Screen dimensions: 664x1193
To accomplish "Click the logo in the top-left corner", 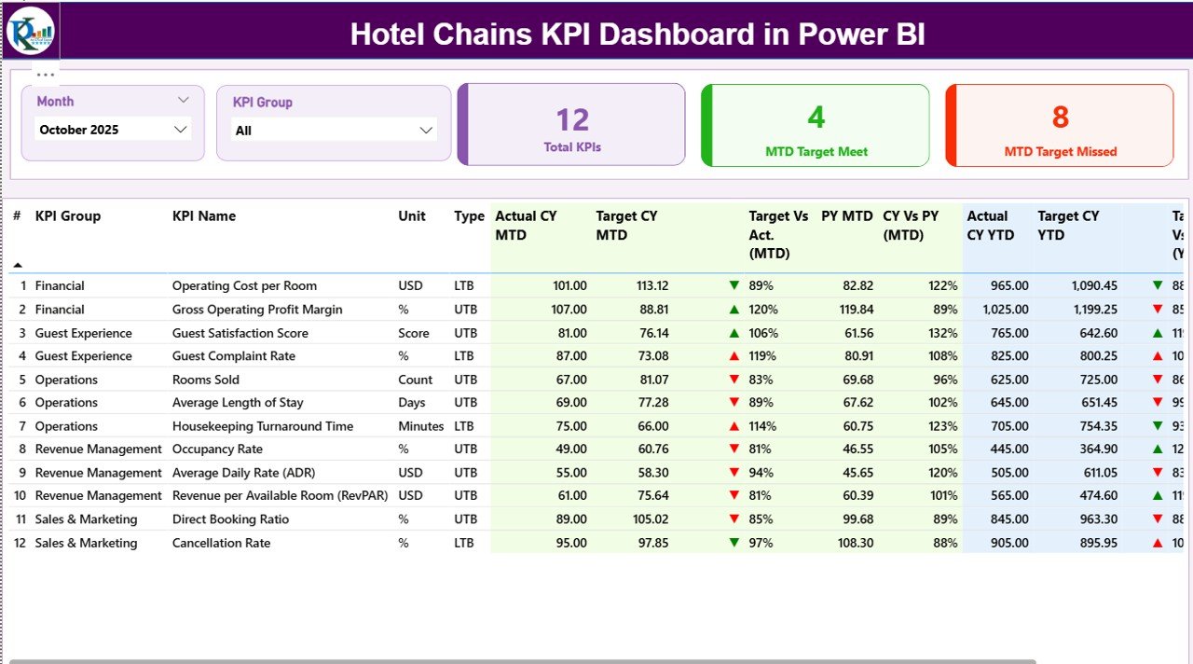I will tap(31, 30).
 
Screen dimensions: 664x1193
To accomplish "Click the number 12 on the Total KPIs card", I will tap(572, 119).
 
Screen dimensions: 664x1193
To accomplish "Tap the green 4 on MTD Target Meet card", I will tap(816, 118).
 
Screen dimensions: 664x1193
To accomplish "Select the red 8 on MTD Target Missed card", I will tap(1060, 118).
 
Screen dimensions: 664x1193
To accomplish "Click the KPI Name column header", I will tap(204, 216).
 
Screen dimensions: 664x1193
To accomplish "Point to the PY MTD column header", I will tap(846, 216).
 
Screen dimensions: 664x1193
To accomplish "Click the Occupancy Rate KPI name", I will tap(217, 450).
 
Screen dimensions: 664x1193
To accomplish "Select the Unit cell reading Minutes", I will tap(420, 426).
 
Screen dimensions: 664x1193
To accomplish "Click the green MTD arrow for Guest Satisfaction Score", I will tap(734, 333).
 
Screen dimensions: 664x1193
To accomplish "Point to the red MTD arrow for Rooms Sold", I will tap(734, 380).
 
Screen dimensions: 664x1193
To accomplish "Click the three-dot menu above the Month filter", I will tap(46, 75).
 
